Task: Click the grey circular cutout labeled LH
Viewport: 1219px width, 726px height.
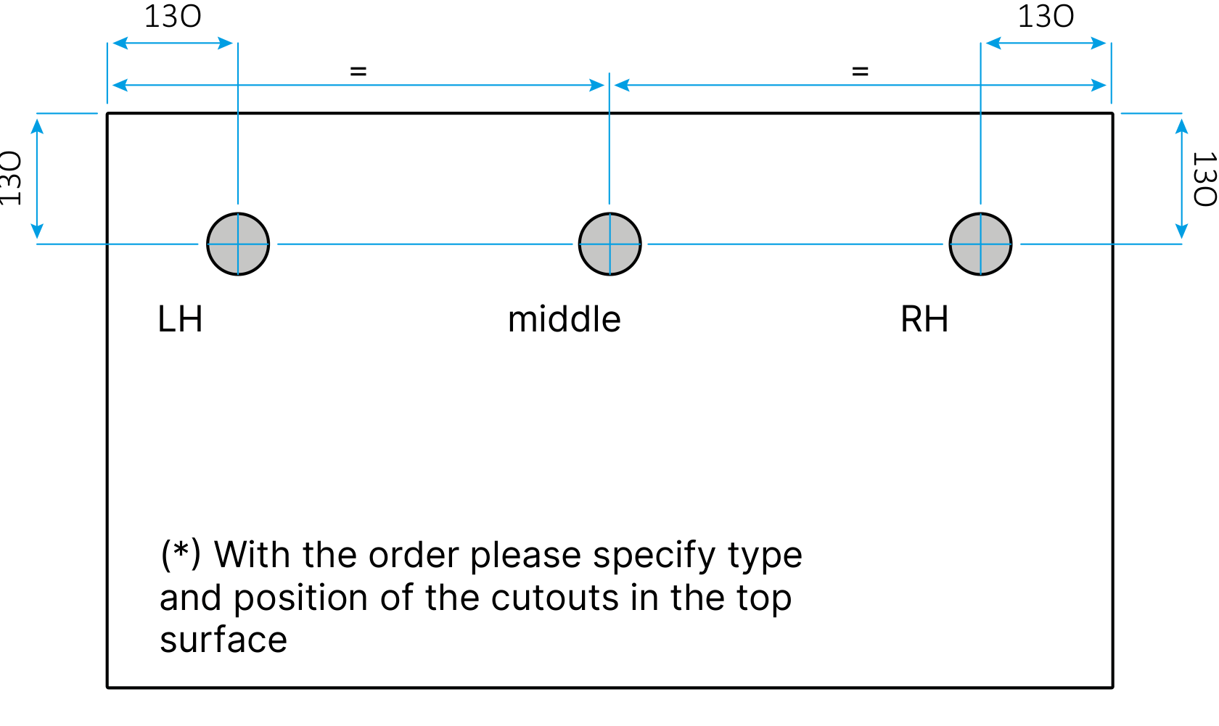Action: [x=238, y=244]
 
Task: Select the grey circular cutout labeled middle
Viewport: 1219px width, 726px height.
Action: [x=609, y=244]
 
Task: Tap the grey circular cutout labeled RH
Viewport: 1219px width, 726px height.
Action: [x=981, y=244]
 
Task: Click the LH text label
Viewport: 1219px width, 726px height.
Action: [x=180, y=319]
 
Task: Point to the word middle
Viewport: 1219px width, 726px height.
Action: [x=565, y=318]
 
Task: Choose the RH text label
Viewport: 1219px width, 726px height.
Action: [x=924, y=319]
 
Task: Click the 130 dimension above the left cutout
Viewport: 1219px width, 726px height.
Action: [x=173, y=17]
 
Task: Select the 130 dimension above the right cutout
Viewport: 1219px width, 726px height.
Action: [x=1046, y=17]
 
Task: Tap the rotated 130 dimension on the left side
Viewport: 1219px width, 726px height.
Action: [x=11, y=178]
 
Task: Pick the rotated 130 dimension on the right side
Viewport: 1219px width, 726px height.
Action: [x=1204, y=179]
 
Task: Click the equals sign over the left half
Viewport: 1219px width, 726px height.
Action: [x=358, y=71]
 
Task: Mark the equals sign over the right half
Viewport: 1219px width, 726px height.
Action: [x=861, y=71]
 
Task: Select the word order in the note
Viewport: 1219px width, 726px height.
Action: [x=414, y=556]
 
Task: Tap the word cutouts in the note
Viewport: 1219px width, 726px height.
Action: [x=555, y=598]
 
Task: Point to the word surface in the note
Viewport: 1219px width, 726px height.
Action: [x=223, y=640]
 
